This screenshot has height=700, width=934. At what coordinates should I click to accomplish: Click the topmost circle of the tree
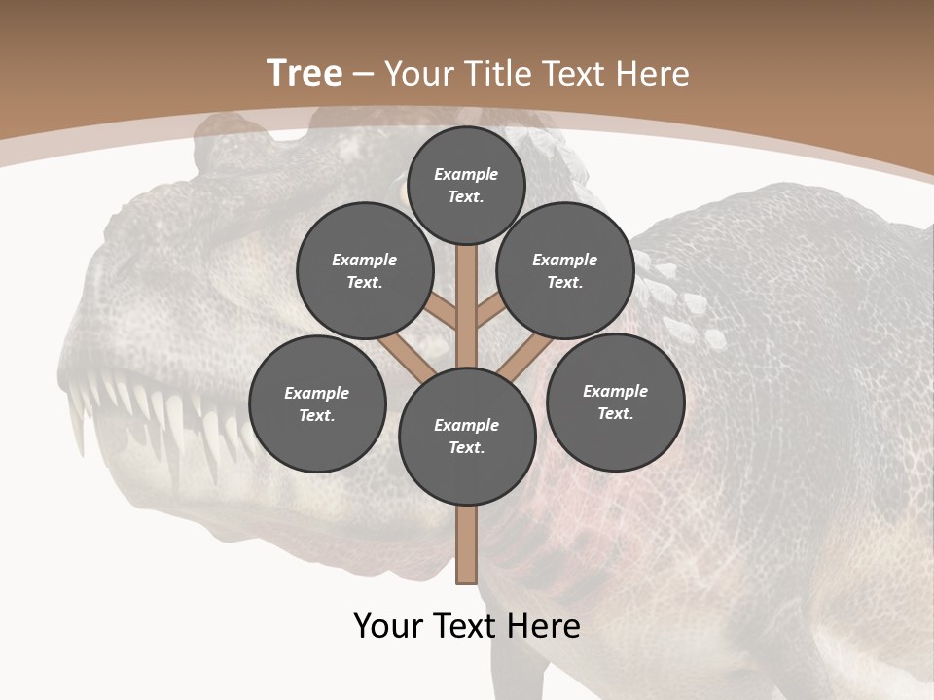[466, 185]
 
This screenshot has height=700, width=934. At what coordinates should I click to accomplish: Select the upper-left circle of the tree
[364, 270]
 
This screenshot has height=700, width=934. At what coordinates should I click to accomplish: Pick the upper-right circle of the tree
[564, 270]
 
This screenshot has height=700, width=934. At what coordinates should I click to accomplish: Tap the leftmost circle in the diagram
[317, 403]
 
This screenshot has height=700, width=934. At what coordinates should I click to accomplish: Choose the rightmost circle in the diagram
[615, 402]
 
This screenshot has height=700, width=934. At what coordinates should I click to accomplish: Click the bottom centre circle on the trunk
[467, 436]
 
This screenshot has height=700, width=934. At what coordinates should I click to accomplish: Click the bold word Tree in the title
[305, 73]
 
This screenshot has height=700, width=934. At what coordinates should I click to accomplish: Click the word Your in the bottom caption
[389, 625]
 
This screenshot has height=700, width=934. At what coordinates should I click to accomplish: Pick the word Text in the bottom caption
[463, 625]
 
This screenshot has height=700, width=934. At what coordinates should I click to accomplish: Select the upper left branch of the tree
[441, 312]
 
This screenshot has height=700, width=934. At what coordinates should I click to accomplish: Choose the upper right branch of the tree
[489, 311]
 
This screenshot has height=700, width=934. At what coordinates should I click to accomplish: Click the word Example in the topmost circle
[466, 174]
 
